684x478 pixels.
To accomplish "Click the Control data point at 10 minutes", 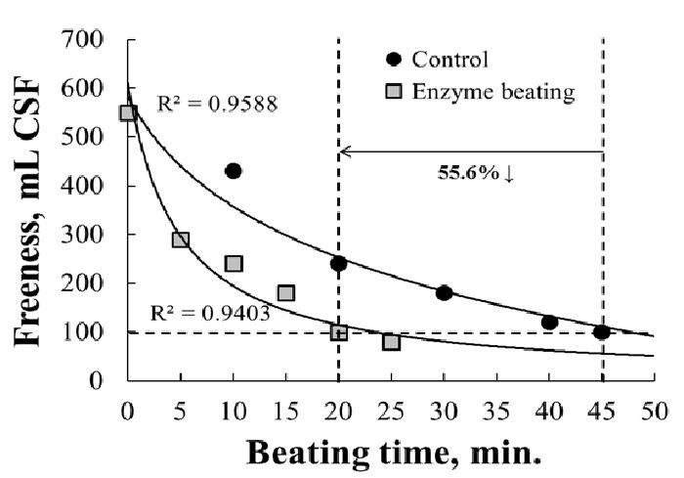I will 233,171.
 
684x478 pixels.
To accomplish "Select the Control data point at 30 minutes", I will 444,292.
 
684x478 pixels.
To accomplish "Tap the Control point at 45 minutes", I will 601,331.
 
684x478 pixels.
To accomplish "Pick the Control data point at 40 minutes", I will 549,322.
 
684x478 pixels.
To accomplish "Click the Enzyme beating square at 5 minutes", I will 181,239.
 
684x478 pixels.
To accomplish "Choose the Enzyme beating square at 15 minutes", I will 286,292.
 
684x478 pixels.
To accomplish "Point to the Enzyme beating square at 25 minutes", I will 391,341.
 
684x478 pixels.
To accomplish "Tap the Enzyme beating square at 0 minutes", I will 128,112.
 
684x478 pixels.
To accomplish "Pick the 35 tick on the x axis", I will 496,409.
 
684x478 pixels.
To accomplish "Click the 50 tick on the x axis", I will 654,409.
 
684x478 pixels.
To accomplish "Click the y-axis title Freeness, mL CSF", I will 37,210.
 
